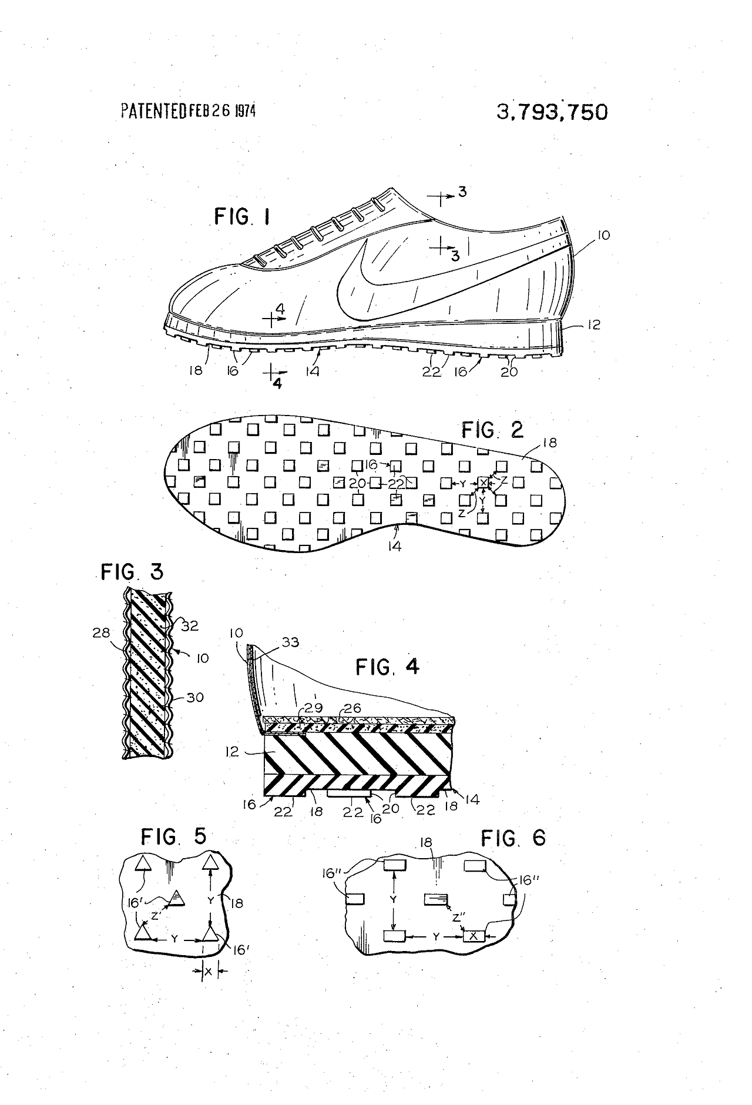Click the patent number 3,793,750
click(552, 112)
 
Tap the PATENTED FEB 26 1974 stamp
click(188, 110)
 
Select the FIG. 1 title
click(242, 217)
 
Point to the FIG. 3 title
click(132, 572)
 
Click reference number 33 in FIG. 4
click(290, 642)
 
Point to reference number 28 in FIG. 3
click(100, 632)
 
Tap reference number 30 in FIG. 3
click(194, 697)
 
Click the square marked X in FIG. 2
click(483, 483)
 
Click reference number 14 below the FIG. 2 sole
click(394, 546)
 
